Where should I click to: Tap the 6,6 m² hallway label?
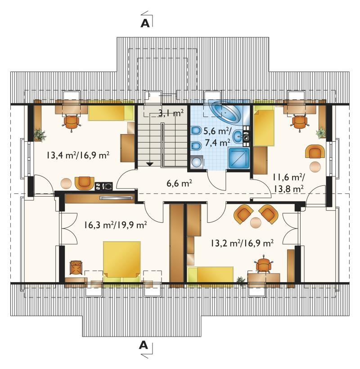(179, 183)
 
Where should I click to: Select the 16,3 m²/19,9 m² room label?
(115, 225)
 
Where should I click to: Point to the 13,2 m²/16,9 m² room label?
(242, 243)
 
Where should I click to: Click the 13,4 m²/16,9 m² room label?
(78, 155)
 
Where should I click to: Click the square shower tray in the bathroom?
(239, 158)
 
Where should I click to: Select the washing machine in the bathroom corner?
(196, 162)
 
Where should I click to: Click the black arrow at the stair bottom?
(150, 164)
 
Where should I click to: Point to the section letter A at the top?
(145, 23)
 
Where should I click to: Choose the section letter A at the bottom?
(144, 345)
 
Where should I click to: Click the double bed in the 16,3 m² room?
(122, 261)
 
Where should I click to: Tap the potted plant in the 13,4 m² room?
(39, 135)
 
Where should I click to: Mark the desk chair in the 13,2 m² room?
(264, 265)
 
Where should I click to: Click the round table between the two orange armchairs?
(256, 222)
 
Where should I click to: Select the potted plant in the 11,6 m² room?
(321, 133)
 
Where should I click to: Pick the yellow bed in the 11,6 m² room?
(264, 127)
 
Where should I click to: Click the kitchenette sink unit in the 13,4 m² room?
(103, 186)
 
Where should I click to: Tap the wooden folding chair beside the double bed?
(76, 268)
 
